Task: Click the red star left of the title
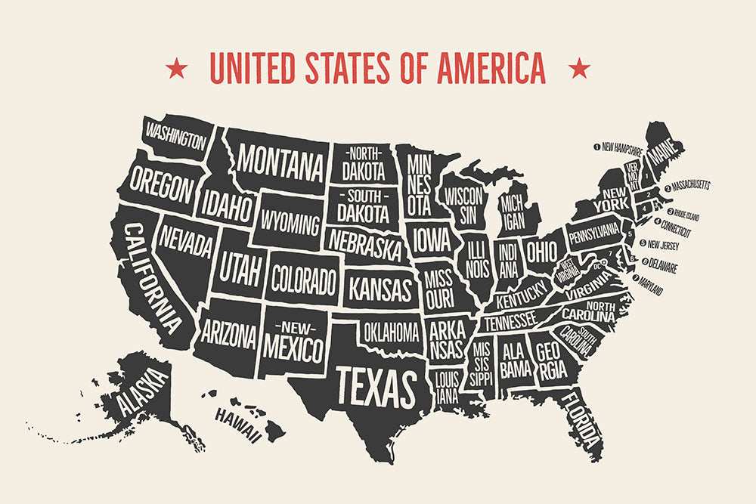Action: coord(177,69)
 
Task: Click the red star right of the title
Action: coord(580,69)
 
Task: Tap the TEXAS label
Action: coord(376,385)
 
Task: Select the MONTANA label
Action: coord(280,160)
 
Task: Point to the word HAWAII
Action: coord(238,423)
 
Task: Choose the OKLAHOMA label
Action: coord(391,331)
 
